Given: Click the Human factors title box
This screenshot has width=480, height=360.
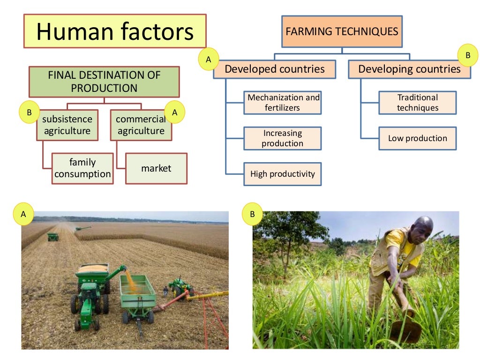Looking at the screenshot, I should tap(115, 31).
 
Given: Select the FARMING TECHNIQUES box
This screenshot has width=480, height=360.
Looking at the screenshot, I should tap(342, 32).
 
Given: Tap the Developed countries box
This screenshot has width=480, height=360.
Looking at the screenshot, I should tap(275, 69).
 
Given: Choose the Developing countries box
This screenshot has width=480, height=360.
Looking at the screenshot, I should tap(409, 69).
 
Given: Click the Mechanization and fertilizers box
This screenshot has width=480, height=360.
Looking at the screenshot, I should tap(283, 103).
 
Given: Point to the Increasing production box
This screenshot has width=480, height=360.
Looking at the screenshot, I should tap(283, 138).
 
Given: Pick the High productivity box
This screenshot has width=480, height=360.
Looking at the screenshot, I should tap(283, 174).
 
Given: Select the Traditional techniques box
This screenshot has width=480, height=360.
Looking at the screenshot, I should tap(418, 103).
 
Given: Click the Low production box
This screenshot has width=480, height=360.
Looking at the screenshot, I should tap(418, 138).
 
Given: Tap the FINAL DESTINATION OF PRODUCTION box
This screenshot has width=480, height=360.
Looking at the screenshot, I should tap(104, 82).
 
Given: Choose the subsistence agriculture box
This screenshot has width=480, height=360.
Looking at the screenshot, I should tap(67, 125).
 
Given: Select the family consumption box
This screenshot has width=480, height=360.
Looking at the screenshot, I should tap(82, 168).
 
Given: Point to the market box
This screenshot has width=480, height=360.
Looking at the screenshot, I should tap(156, 168).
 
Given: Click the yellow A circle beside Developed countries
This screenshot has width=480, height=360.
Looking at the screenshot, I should tap(209, 59).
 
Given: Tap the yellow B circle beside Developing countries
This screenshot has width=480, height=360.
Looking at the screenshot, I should tap(467, 56).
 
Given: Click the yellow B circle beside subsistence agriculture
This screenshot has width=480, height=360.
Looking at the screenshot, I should tap(30, 112).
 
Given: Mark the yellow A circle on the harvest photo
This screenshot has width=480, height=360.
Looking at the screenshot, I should tap(23, 214).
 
